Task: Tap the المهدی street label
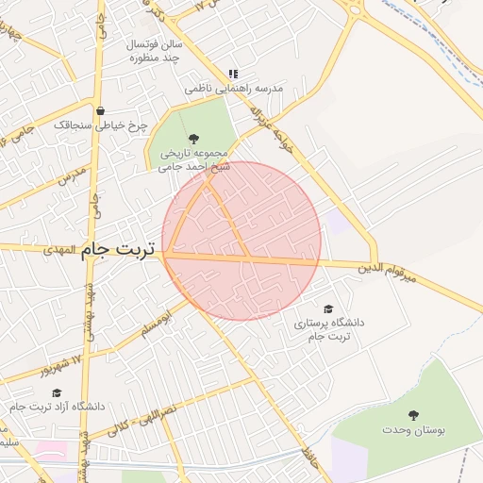62,251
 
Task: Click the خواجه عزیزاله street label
263,120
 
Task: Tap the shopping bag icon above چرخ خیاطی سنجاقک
100,110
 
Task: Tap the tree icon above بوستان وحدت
413,415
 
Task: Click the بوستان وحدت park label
413,430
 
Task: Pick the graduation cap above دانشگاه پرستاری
328,308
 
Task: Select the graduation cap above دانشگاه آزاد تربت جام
57,392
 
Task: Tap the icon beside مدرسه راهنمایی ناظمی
233,74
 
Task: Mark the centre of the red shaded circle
241,241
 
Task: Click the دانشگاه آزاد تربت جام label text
58,407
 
